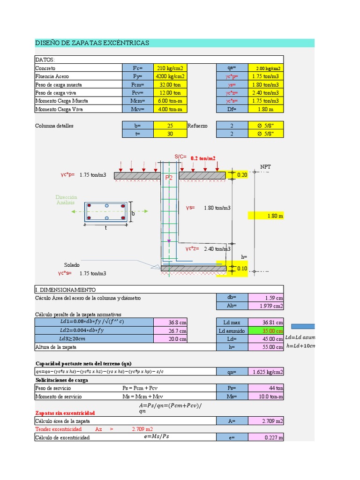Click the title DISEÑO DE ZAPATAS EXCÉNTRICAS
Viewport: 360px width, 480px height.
click(92, 43)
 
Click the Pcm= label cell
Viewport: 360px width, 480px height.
click(138, 85)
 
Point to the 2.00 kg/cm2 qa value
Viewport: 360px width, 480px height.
click(266, 68)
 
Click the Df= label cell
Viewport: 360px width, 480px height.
click(232, 109)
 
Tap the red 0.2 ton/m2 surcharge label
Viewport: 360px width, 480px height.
click(203, 158)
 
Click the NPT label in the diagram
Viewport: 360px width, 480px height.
click(265, 167)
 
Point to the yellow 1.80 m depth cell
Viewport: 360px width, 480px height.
click(266, 216)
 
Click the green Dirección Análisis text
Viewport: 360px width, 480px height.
click(66, 200)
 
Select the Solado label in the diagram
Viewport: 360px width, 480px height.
click(72, 265)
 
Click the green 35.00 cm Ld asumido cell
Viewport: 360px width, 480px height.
click(266, 330)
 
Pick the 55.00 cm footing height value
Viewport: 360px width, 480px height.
click(266, 347)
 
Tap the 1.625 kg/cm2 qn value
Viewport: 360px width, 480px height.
click(266, 372)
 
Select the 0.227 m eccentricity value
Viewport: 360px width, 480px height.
click(266, 437)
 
